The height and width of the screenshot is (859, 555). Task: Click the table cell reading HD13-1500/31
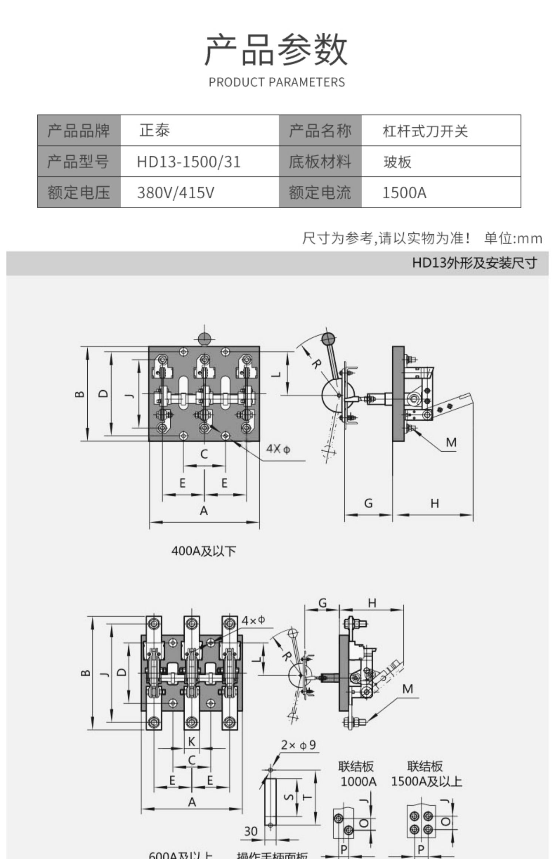189,162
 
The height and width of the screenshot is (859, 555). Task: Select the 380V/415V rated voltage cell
175,193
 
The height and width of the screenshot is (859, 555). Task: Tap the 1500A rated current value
404,193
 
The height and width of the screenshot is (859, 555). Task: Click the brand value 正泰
155,131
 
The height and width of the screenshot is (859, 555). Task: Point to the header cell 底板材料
320,162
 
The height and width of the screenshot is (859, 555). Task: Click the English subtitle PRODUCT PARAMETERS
277,82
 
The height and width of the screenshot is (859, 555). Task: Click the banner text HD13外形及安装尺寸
475,263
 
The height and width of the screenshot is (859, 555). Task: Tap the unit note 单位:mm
513,239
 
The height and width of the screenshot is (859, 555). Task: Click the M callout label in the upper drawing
451,442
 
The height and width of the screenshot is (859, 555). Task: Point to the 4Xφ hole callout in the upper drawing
278,449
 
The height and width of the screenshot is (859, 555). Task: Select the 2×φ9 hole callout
298,745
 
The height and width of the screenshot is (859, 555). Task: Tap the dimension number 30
250,831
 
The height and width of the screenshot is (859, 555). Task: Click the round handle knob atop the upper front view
204,338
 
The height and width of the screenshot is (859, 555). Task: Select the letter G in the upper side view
368,503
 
